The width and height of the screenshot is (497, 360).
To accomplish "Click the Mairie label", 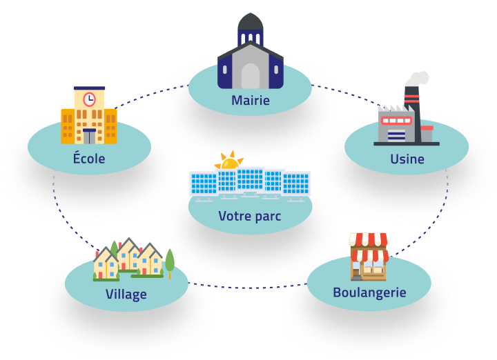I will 251,101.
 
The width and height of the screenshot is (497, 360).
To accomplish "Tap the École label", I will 89,159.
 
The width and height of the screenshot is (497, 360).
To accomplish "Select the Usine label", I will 407,159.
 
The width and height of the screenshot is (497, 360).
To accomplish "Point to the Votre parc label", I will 250,216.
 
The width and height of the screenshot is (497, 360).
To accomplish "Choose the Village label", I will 126,294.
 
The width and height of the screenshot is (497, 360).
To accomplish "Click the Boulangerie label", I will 369,292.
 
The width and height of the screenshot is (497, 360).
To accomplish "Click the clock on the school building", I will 89,99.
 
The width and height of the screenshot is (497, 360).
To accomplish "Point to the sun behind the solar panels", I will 228,162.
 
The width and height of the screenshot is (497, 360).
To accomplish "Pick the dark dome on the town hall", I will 251,26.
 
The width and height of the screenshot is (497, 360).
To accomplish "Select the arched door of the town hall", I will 251,75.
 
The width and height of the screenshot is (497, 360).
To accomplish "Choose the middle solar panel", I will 250,181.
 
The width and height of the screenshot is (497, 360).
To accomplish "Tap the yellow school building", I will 89,117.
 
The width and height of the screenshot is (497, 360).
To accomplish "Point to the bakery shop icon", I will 369,257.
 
